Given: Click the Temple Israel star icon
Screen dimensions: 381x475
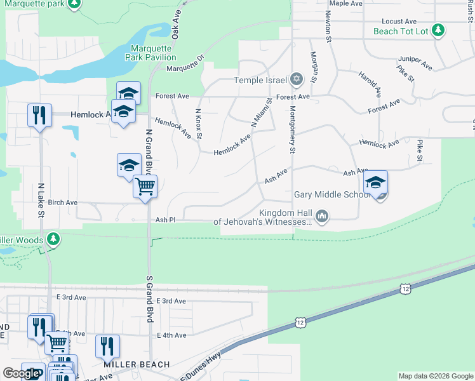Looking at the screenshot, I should pos(295,80).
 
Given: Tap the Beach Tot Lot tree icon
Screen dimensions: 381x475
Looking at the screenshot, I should pos(438,30).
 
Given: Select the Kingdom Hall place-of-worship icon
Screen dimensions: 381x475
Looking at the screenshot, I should pos(322,217).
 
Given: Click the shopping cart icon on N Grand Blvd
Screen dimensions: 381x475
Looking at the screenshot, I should pos(145,187).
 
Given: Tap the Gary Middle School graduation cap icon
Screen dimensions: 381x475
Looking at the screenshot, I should pos(375,182).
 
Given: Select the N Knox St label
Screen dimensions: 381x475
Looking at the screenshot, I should pos(199,123).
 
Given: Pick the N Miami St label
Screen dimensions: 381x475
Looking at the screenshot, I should pos(262,112).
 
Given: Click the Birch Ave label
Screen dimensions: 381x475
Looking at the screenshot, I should pos(62,203).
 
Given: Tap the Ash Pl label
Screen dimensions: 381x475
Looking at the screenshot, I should pos(165,220).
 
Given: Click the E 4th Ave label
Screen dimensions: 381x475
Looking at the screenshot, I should pos(171,335).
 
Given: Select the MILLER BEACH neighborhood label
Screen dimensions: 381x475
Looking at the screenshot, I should pos(137,364).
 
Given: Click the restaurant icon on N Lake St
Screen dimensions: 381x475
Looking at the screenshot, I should pos(39,116).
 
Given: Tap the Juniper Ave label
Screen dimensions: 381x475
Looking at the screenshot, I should pos(415,62).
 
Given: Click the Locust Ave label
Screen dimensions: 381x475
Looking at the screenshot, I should pos(399,21).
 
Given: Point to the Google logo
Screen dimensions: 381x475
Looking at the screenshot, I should pos(21,373).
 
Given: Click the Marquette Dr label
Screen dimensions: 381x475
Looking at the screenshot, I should pos(185,63).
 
